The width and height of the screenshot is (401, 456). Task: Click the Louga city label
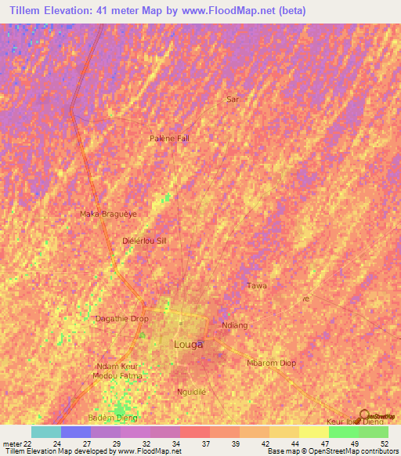coord(187,345)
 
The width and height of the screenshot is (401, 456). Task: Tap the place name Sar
coord(231,100)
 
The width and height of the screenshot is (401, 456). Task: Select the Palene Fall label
coord(169,138)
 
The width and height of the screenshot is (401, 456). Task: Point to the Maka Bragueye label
coord(108,213)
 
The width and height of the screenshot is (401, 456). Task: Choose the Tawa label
coord(257,285)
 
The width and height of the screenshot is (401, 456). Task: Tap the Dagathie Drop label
coord(121,319)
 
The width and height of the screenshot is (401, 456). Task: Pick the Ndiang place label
coord(235,325)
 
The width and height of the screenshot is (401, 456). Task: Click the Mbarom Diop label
coord(271,364)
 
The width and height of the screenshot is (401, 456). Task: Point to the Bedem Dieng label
coord(113,418)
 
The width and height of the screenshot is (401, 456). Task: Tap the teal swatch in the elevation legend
coord(45,432)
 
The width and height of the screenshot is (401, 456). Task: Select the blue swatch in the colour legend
coord(75,432)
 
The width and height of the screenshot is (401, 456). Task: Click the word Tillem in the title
coord(29,11)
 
